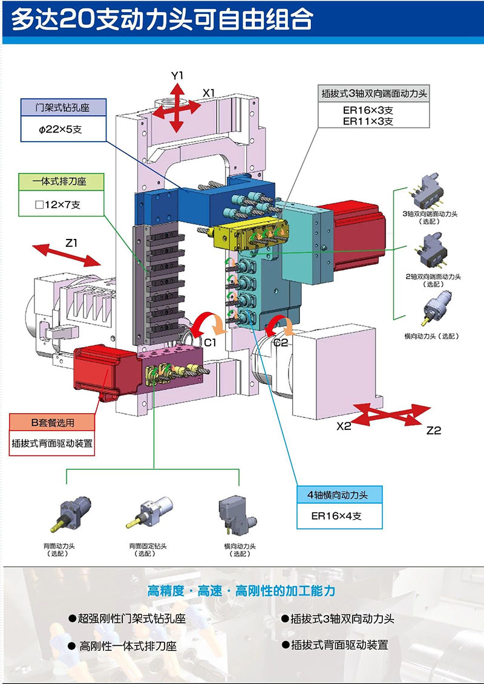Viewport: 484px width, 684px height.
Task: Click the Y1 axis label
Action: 177,76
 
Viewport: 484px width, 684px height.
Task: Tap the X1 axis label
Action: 209,93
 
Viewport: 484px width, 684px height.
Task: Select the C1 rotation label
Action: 211,342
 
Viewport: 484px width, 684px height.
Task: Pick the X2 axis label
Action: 344,426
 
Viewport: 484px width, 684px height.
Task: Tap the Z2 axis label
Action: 433,431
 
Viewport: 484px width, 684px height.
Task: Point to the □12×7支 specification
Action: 57,204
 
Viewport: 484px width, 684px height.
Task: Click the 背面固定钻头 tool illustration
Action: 149,510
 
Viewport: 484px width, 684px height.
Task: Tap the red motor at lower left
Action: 101,369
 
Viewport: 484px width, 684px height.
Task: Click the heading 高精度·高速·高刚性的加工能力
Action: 241,590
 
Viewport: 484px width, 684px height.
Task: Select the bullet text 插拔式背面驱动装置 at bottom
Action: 339,645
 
